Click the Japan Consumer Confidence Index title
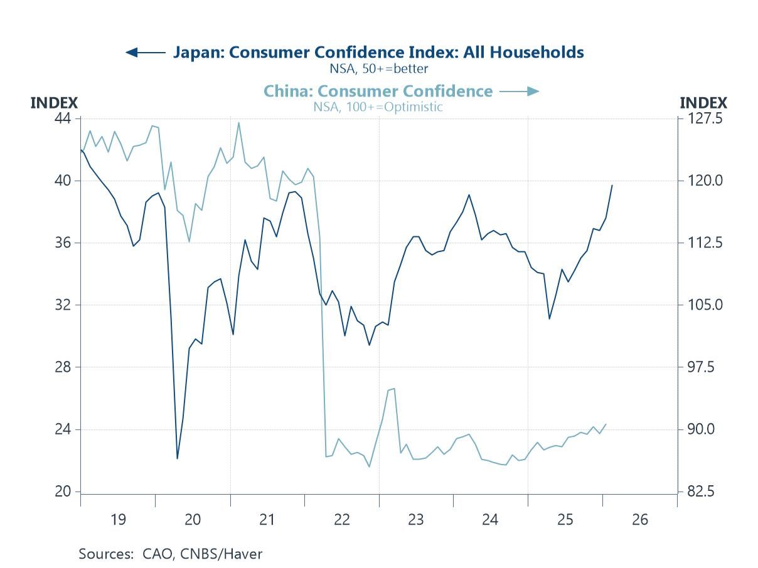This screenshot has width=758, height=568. [x=378, y=52]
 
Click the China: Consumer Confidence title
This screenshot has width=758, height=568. [x=378, y=91]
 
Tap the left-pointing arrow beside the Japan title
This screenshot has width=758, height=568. [x=145, y=52]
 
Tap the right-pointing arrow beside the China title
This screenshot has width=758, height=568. [x=520, y=92]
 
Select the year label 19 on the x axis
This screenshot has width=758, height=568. [x=117, y=520]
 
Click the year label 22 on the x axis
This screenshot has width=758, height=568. [x=341, y=520]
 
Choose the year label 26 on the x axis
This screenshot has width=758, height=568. [x=640, y=520]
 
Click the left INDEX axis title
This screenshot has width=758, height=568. [x=54, y=103]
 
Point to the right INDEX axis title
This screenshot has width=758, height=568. [x=703, y=103]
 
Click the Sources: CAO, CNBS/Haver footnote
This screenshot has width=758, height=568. [x=171, y=554]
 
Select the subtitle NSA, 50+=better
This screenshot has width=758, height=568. [x=379, y=68]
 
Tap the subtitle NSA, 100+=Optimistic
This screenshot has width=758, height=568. [x=378, y=107]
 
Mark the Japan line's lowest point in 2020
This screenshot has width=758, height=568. [x=177, y=458]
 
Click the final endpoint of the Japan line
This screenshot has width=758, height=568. [x=612, y=185]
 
